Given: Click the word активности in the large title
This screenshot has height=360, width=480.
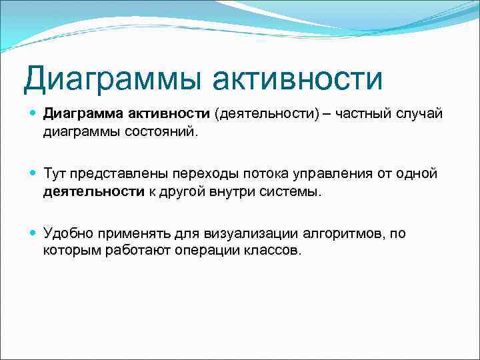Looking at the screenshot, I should [x=299, y=79].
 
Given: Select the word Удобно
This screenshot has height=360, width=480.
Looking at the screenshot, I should [x=67, y=234].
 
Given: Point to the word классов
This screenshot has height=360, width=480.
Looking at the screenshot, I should [x=277, y=251].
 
